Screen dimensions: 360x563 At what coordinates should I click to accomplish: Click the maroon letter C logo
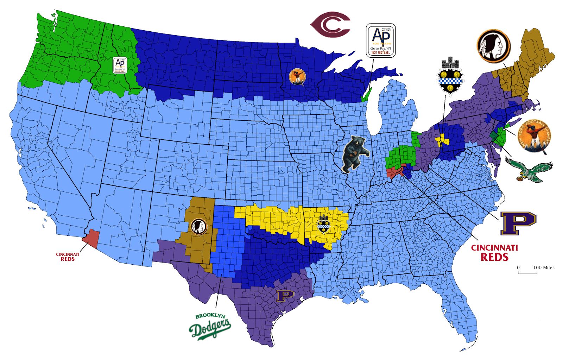pyautogui.click(x=330, y=25)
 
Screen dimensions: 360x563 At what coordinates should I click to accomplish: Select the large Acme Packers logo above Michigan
pyautogui.click(x=381, y=40)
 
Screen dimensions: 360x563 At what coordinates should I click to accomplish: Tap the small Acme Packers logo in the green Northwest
pyautogui.click(x=120, y=65)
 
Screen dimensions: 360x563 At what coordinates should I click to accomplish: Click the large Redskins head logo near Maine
pyautogui.click(x=493, y=46)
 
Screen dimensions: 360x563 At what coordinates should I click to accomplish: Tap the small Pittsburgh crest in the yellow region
pyautogui.click(x=323, y=224)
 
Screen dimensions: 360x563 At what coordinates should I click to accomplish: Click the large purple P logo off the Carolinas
pyautogui.click(x=518, y=223)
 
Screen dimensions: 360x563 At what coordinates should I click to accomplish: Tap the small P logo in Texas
pyautogui.click(x=285, y=296)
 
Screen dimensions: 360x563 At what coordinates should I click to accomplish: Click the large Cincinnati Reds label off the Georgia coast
pyautogui.click(x=494, y=253)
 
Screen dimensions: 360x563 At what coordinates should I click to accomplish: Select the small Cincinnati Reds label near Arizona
pyautogui.click(x=68, y=257)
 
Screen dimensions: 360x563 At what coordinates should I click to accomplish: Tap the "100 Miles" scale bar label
pyautogui.click(x=544, y=267)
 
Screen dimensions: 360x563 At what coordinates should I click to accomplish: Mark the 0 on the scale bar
pyautogui.click(x=518, y=267)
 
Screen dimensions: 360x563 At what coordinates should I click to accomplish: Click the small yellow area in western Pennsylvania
pyautogui.click(x=442, y=140)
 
